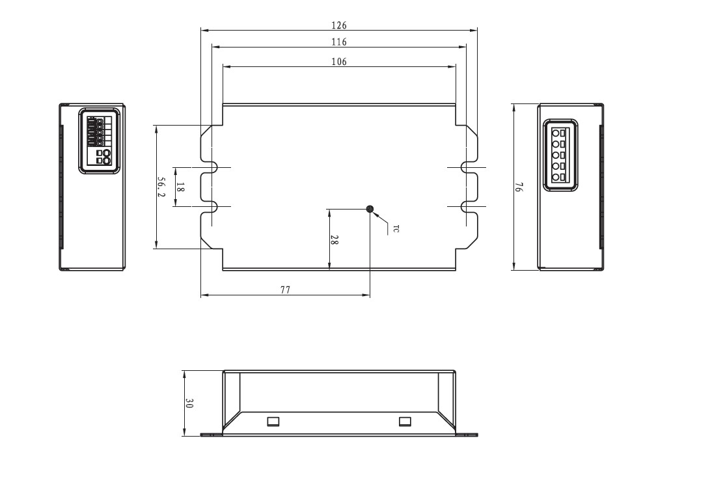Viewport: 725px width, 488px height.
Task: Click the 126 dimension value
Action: (339, 25)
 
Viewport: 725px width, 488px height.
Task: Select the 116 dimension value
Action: (339, 42)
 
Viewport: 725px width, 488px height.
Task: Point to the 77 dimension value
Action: (285, 290)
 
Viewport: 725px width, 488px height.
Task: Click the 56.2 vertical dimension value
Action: (161, 187)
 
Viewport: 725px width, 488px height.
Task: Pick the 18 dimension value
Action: (180, 187)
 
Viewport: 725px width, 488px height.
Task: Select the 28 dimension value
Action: (335, 239)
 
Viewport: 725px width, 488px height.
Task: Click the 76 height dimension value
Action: (519, 187)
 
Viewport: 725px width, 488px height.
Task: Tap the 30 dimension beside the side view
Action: (189, 403)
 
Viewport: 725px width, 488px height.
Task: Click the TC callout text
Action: (396, 228)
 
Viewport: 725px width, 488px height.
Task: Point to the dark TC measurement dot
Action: (370, 209)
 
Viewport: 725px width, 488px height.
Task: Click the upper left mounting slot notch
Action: (210, 167)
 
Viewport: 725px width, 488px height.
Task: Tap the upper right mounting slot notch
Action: (467, 167)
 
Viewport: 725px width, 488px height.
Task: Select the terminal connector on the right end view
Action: (560, 155)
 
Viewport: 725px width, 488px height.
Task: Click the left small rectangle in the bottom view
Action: (273, 422)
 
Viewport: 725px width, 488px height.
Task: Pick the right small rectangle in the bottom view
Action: (405, 422)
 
